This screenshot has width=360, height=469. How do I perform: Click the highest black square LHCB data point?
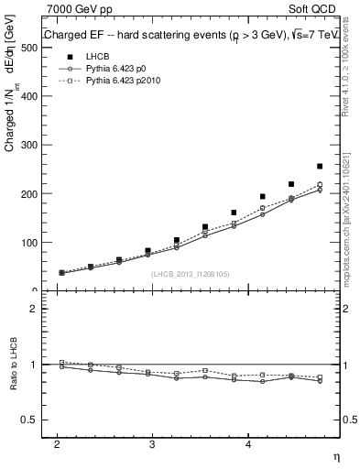point(320,167)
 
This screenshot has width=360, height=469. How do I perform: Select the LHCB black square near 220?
point(291,184)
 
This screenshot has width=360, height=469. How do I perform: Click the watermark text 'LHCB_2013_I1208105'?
point(190,274)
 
